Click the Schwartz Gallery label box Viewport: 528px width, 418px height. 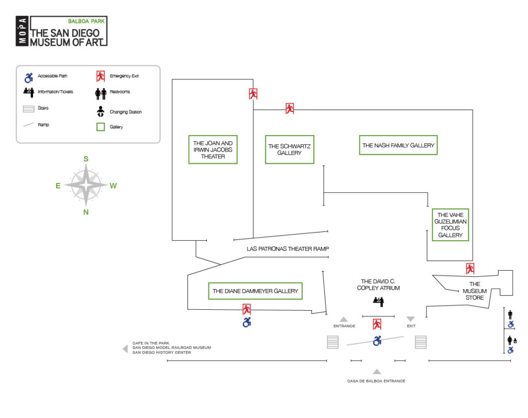pyautogui.click(x=289, y=149)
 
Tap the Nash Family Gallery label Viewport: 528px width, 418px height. pyautogui.click(x=398, y=145)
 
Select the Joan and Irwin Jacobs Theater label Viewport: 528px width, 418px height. pyautogui.click(x=213, y=149)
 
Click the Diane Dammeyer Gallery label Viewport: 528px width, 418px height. pyautogui.click(x=255, y=291)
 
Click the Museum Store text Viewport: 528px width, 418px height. pyautogui.click(x=474, y=291)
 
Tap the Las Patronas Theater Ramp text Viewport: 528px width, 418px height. pyautogui.click(x=287, y=249)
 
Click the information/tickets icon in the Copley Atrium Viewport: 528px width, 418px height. pyautogui.click(x=379, y=301)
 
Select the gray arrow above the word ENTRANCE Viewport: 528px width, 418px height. pyautogui.click(x=344, y=319)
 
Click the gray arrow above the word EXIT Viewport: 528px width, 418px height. pyautogui.click(x=410, y=319)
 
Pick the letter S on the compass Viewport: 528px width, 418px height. pyautogui.click(x=86, y=159)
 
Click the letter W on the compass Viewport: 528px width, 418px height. pyautogui.click(x=113, y=186)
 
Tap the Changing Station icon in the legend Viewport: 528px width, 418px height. pyautogui.click(x=101, y=111)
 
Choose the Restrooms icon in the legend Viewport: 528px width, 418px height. pyautogui.click(x=101, y=93)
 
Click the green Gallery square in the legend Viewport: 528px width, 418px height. pyautogui.click(x=101, y=126)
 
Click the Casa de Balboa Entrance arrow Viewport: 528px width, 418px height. pyautogui.click(x=377, y=371)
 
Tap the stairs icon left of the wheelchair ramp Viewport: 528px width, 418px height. pyautogui.click(x=333, y=342)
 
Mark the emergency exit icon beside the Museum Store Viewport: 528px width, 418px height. pyautogui.click(x=470, y=269)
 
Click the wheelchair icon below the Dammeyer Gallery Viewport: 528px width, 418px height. pyautogui.click(x=247, y=323)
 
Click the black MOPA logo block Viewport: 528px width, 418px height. pyautogui.click(x=23, y=31)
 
